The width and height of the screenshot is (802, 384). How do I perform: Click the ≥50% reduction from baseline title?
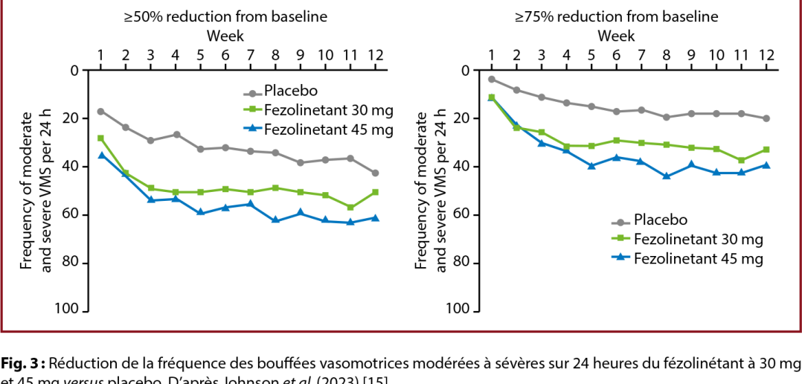(225, 16)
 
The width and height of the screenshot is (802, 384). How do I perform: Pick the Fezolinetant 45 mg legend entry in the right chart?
(699, 258)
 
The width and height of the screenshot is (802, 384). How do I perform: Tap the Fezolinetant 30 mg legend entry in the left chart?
(328, 110)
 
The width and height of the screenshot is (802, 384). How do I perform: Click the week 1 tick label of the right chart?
(491, 55)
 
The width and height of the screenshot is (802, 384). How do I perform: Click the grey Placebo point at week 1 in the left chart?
(100, 112)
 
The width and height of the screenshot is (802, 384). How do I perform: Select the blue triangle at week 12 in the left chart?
(375, 218)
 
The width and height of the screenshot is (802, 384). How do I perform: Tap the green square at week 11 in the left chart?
(350, 208)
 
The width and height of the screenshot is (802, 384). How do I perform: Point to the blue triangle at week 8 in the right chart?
(667, 176)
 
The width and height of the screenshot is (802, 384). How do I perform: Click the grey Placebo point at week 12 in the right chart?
(766, 118)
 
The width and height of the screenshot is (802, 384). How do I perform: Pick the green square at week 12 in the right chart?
(766, 150)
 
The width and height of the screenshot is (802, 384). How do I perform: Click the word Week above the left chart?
(224, 36)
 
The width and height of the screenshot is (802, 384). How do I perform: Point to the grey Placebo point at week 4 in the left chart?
(176, 135)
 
